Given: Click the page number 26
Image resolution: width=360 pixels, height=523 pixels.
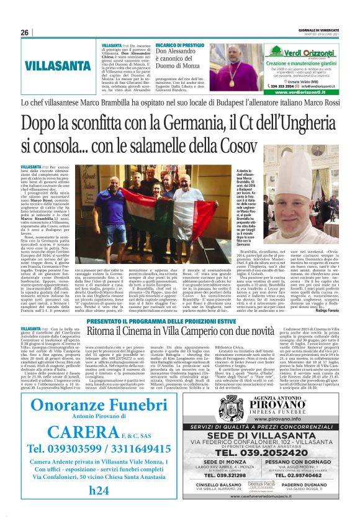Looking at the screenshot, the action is (25, 33).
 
